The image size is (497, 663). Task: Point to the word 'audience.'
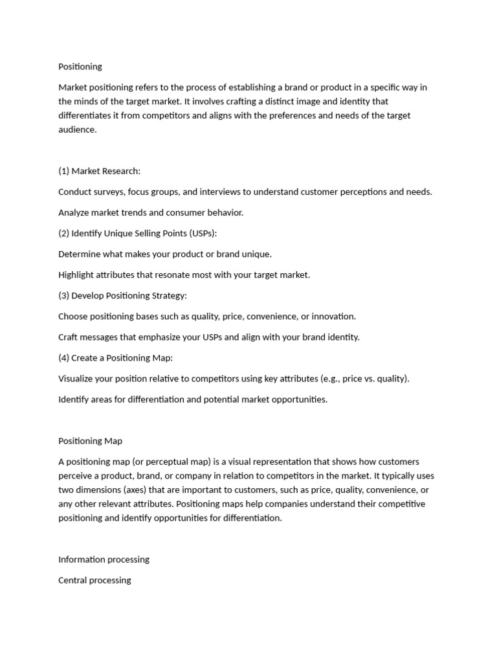point(77,129)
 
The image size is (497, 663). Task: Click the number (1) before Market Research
point(63,171)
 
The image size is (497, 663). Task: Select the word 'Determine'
point(79,254)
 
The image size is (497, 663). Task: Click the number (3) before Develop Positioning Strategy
point(63,295)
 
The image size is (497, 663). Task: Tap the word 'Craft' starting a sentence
point(69,337)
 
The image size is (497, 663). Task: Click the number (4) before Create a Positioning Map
point(63,358)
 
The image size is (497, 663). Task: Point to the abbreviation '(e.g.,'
point(333,379)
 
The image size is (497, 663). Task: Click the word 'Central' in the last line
point(72,580)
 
